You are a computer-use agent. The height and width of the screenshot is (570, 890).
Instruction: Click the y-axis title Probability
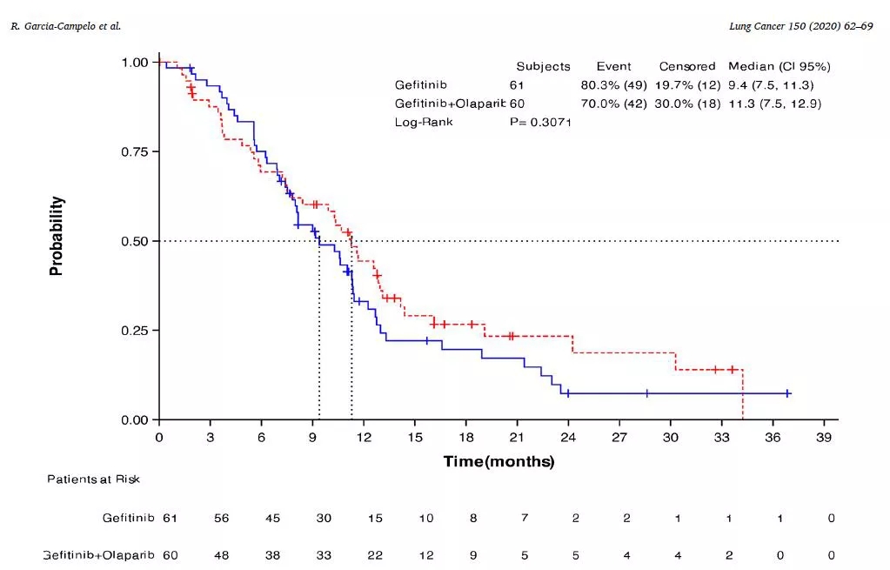click(x=57, y=237)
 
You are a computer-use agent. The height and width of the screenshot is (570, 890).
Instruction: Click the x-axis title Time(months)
click(x=499, y=461)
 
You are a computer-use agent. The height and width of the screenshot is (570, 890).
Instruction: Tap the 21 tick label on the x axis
click(x=517, y=437)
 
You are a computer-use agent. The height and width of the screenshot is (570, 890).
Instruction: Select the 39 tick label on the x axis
click(x=824, y=437)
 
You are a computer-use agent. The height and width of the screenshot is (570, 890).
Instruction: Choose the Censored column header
click(x=686, y=66)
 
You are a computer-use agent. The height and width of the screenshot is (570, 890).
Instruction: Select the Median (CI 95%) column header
click(x=780, y=66)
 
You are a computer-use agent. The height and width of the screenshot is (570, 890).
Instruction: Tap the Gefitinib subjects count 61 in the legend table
click(x=517, y=85)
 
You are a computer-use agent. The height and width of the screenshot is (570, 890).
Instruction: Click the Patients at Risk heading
click(x=93, y=479)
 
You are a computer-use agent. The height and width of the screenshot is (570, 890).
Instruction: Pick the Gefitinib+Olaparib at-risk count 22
click(x=375, y=554)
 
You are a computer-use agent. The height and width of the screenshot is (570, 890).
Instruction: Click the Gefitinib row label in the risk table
click(x=128, y=519)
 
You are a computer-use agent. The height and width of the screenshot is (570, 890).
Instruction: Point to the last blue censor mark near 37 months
click(x=787, y=393)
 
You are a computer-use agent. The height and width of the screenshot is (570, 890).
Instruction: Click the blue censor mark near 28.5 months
click(x=646, y=393)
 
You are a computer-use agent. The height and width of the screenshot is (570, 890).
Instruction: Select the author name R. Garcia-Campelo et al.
click(x=65, y=27)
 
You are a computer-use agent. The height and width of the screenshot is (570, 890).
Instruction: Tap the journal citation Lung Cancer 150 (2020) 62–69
click(x=800, y=27)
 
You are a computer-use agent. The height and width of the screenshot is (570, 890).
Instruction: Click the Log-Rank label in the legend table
click(x=424, y=123)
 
